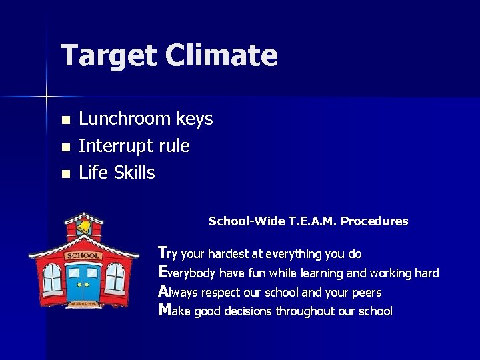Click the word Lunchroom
tap(125, 119)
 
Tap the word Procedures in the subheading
tap(375, 221)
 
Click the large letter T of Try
tap(162, 252)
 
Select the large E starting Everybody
tap(162, 272)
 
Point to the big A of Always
tap(163, 291)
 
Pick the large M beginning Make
tap(164, 310)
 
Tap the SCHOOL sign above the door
tap(83, 256)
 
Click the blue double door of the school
tap(83, 282)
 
